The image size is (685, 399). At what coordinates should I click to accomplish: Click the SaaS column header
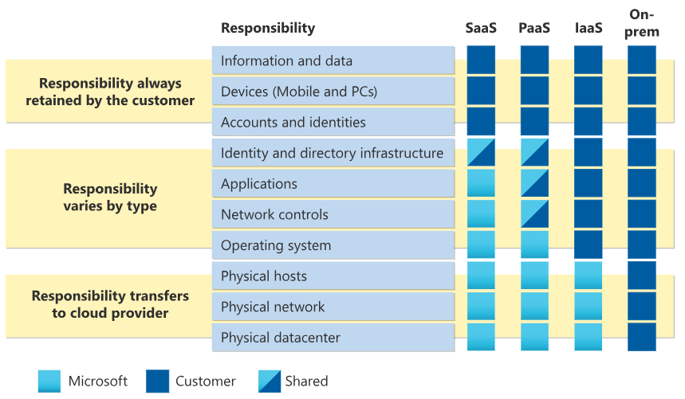[481, 28]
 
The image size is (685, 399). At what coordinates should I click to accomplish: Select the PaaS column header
[534, 28]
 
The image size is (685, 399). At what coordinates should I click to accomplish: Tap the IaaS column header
[589, 28]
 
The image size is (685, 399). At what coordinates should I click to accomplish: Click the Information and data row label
[286, 61]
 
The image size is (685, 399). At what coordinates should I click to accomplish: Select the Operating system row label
[275, 245]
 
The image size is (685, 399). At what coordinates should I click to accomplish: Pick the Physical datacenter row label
[280, 338]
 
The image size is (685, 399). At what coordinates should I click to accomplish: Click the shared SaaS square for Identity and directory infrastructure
[481, 152]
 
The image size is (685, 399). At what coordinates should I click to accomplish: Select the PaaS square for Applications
[534, 183]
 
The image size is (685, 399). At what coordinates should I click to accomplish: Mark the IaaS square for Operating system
[589, 245]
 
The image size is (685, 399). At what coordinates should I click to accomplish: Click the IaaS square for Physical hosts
[589, 276]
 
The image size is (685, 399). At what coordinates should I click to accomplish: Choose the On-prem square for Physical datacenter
[642, 337]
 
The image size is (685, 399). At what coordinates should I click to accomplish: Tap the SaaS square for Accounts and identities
[481, 122]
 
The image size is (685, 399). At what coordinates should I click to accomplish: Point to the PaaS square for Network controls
[534, 214]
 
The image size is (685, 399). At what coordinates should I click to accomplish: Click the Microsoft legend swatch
[49, 381]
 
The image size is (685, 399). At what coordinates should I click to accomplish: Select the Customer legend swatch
[158, 381]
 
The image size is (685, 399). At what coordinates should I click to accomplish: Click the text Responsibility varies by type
[110, 198]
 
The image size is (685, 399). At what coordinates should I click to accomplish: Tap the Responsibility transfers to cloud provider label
[110, 304]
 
